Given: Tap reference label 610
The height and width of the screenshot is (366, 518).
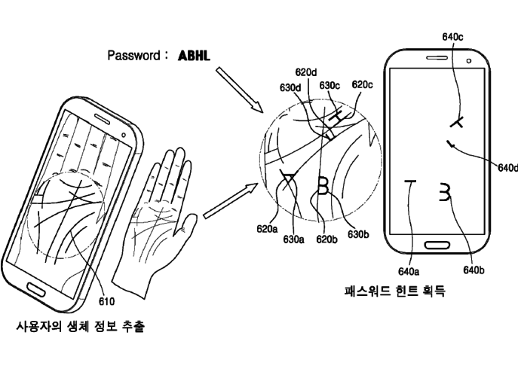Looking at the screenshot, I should pyautogui.click(x=107, y=302).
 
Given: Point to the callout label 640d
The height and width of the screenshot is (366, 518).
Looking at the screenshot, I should pyautogui.click(x=507, y=167).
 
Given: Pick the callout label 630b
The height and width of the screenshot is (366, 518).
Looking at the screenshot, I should pyautogui.click(x=357, y=234).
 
